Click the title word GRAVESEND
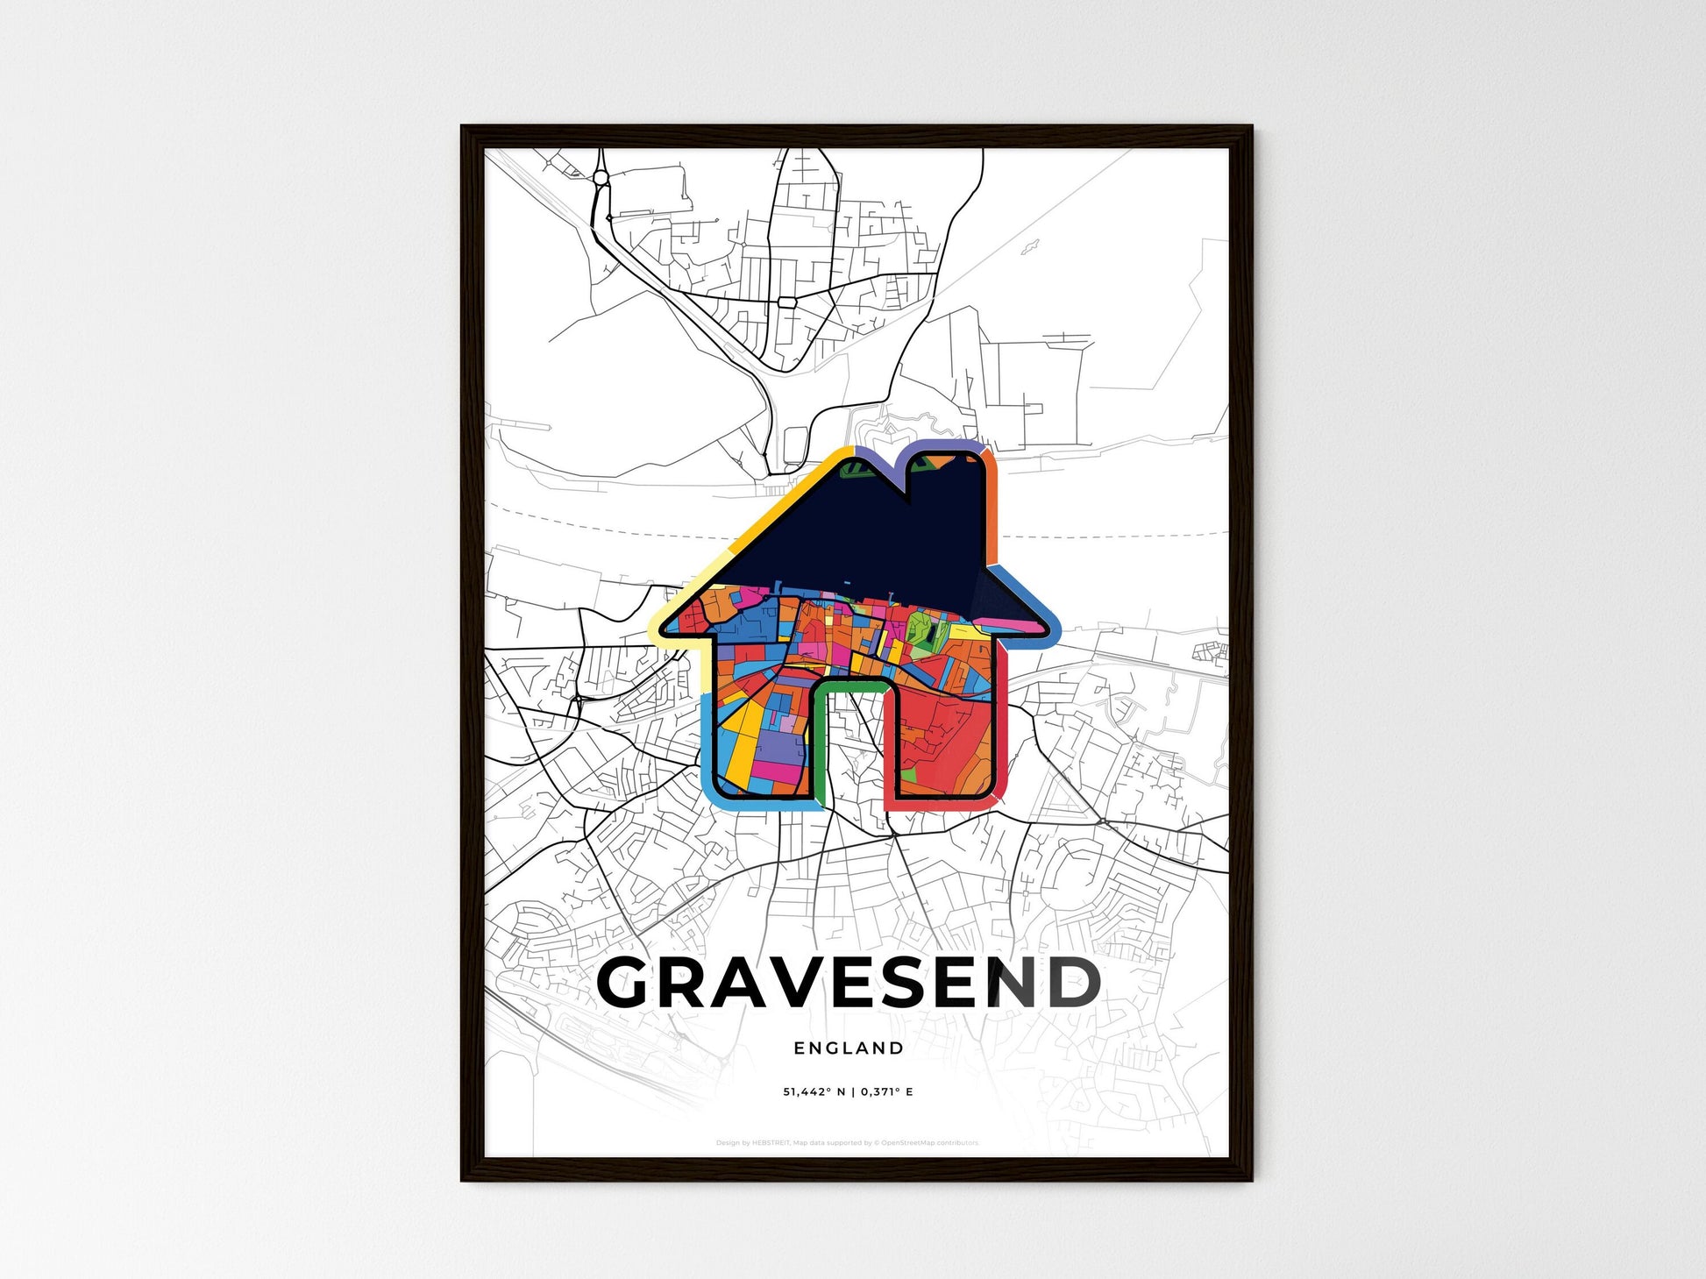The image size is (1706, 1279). pyautogui.click(x=848, y=983)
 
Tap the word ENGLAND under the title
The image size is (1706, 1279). pyautogui.click(x=848, y=1048)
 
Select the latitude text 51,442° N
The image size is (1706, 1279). pyautogui.click(x=814, y=1092)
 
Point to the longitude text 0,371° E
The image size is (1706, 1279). pyautogui.click(x=886, y=1092)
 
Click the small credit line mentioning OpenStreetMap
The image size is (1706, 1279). pyautogui.click(x=847, y=1143)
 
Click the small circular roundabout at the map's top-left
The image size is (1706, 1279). pyautogui.click(x=601, y=179)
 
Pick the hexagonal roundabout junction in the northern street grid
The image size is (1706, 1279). pyautogui.click(x=785, y=302)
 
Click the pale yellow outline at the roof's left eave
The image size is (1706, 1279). pyautogui.click(x=679, y=596)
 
